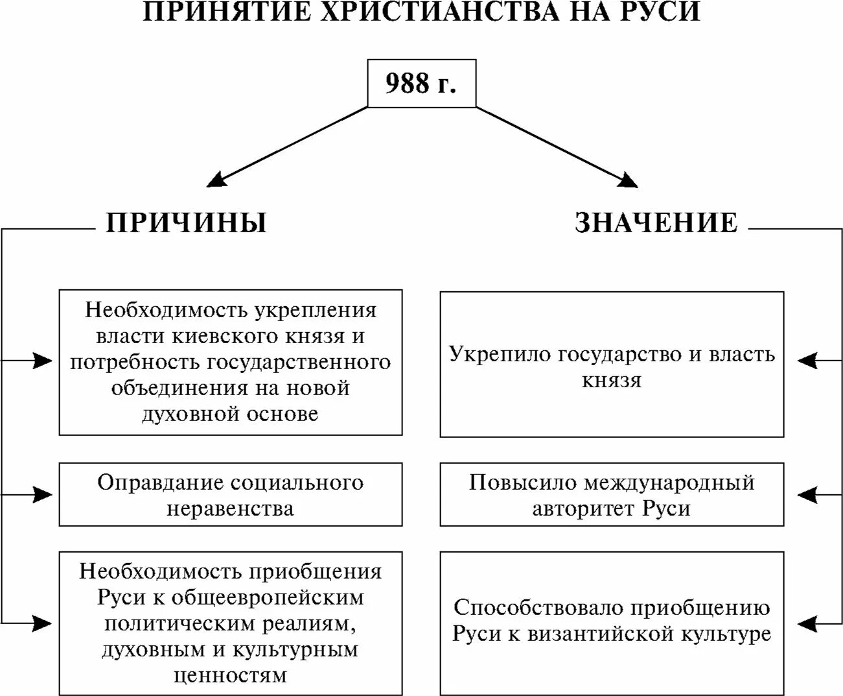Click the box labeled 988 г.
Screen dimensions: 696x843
[x=421, y=84]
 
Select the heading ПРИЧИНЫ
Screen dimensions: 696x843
[x=186, y=222]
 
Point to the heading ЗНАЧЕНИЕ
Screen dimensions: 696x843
[x=656, y=222]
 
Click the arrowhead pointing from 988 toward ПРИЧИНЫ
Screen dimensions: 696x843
[x=216, y=179]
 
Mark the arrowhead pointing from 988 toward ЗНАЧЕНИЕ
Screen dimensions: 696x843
[x=627, y=180]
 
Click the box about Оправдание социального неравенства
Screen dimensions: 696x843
[x=230, y=494]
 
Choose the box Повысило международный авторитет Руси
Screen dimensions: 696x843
[x=611, y=494]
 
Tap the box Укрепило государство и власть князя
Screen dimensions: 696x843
[x=611, y=365]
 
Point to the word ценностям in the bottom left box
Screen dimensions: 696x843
[x=230, y=675]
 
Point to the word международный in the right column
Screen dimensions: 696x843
[x=669, y=483]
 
